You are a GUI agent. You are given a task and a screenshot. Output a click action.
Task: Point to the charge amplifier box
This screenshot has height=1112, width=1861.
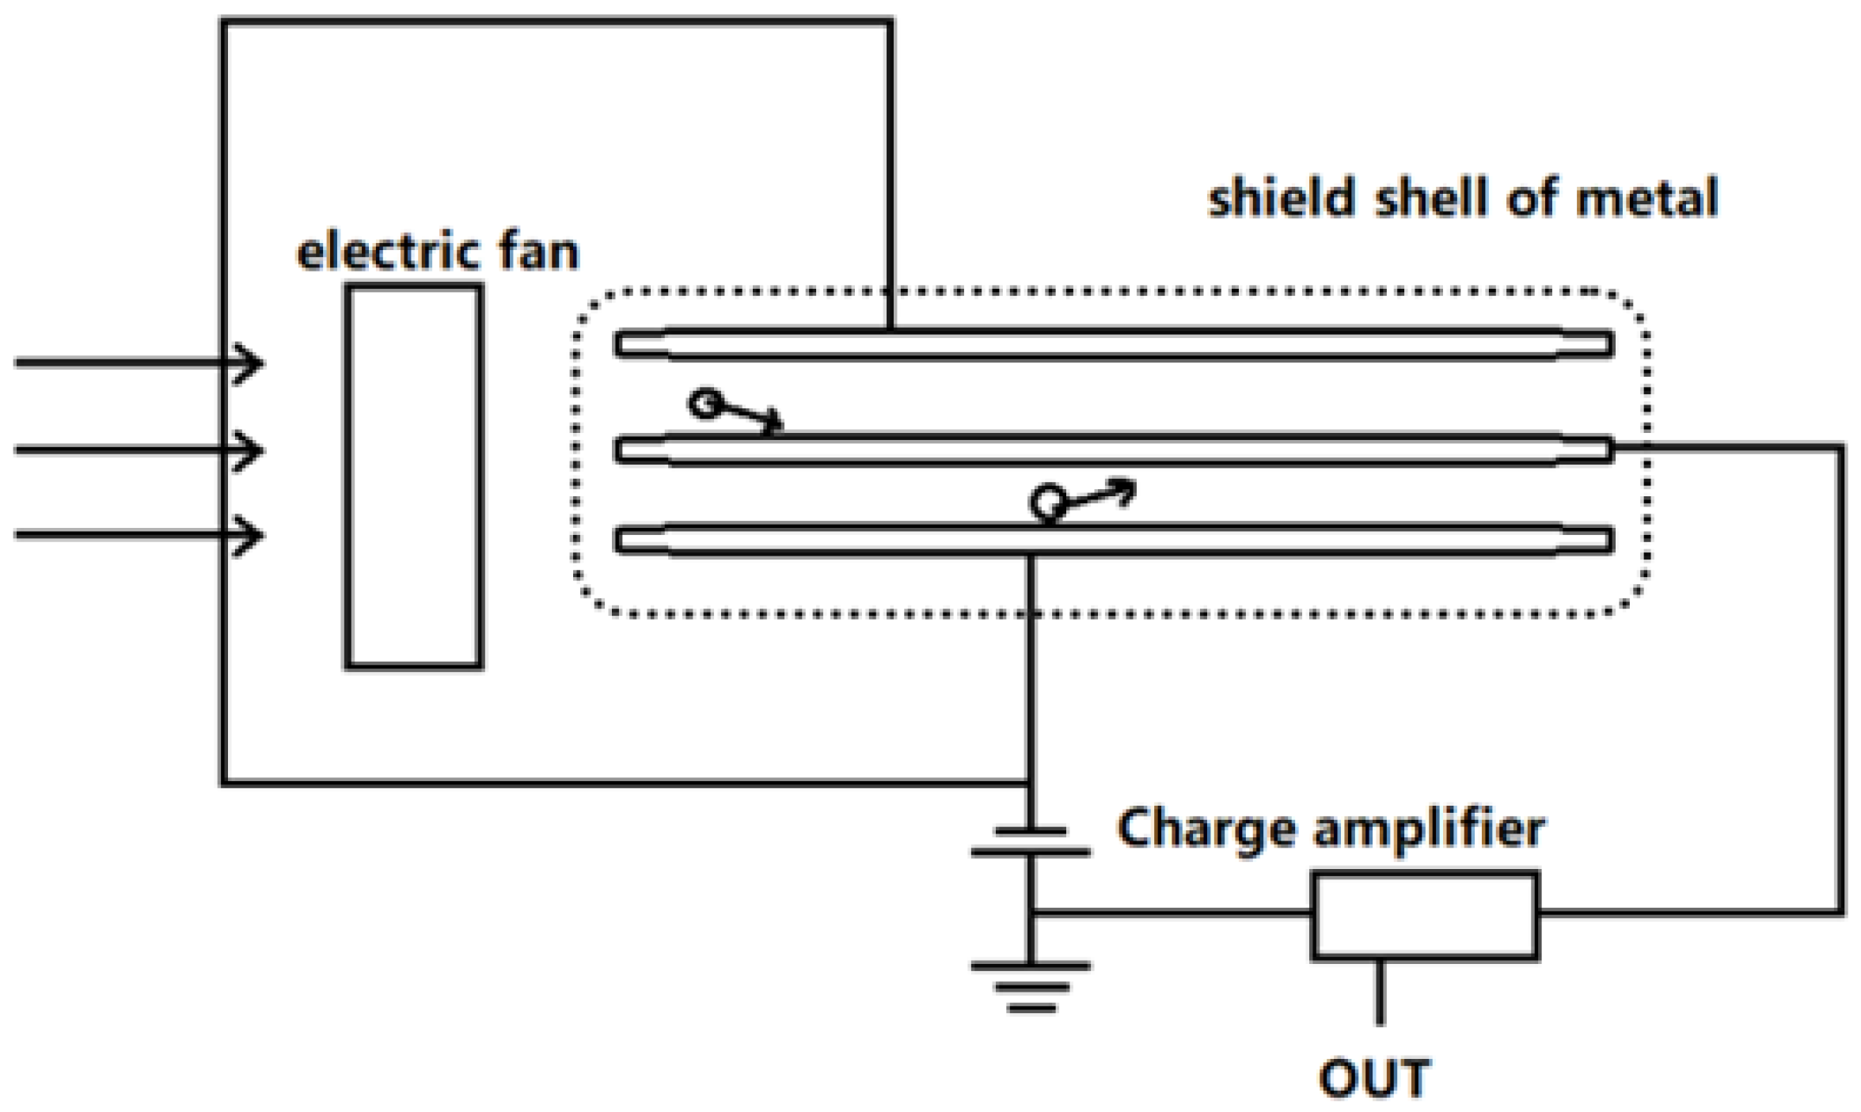click(1425, 916)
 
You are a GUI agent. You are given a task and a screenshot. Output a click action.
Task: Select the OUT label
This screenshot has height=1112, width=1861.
click(1375, 1078)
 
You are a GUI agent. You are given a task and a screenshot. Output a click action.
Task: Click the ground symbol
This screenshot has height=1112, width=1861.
click(1031, 986)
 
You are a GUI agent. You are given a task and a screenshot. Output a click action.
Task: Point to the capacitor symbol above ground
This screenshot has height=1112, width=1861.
click(1031, 841)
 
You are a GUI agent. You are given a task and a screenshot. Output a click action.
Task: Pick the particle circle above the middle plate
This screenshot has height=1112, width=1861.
click(705, 404)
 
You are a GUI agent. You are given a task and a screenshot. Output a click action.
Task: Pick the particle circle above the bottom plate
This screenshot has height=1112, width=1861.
click(1047, 502)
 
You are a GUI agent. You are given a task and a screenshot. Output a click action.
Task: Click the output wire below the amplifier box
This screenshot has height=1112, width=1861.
click(1380, 992)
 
